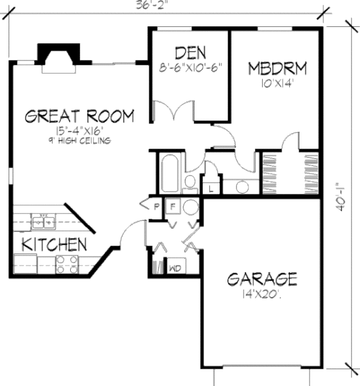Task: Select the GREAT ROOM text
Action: tap(79, 116)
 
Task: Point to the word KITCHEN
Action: tap(55, 245)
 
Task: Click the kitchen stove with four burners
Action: tap(67, 264)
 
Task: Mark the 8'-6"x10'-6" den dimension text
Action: tap(190, 67)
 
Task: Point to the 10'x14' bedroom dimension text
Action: tap(277, 84)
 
